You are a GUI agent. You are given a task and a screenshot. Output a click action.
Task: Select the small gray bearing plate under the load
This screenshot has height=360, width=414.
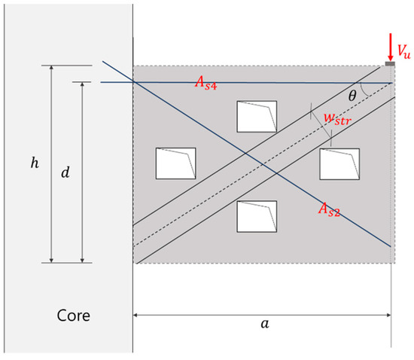[389, 65]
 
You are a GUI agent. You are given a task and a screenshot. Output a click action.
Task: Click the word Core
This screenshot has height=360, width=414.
[74, 315]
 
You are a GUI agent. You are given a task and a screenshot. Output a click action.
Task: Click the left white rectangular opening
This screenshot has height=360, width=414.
[175, 163]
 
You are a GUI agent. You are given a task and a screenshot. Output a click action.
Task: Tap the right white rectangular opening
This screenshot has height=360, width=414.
[339, 163]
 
